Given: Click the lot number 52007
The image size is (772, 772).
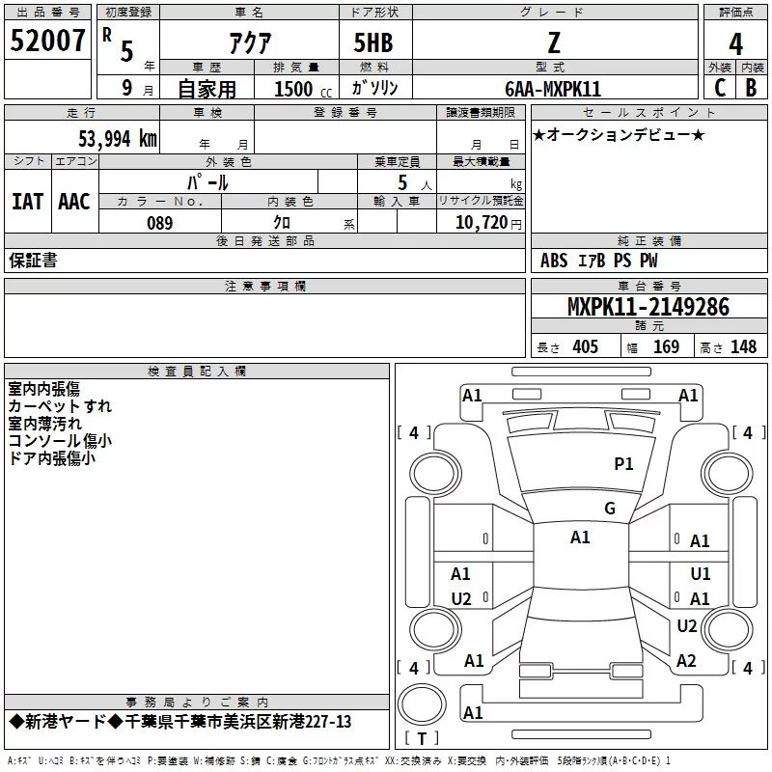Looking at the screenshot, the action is tap(48, 42).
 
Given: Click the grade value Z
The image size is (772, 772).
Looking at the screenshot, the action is tap(554, 42).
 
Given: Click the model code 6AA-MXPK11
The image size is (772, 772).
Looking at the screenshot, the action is tap(553, 89).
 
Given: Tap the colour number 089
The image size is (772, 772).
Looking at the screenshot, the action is tap(159, 223).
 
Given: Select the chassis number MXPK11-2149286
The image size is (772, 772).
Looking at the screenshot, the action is tap(648, 307).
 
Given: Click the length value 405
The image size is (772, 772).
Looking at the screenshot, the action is tap(585, 347).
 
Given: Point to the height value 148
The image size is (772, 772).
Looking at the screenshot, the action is tap(744, 347).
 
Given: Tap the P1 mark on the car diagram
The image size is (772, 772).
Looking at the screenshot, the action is tap(624, 464).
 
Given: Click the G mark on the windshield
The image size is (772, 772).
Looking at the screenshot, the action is tap(610, 509).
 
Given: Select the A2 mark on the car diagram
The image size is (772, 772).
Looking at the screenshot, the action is tap(686, 661).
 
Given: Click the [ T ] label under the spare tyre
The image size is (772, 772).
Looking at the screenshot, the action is tap(422, 738).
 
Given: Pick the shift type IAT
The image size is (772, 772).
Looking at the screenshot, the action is tap(27, 202).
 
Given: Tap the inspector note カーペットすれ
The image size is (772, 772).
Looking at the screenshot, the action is tap(60, 406).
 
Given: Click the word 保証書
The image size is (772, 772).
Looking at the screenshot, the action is tap(33, 261).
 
